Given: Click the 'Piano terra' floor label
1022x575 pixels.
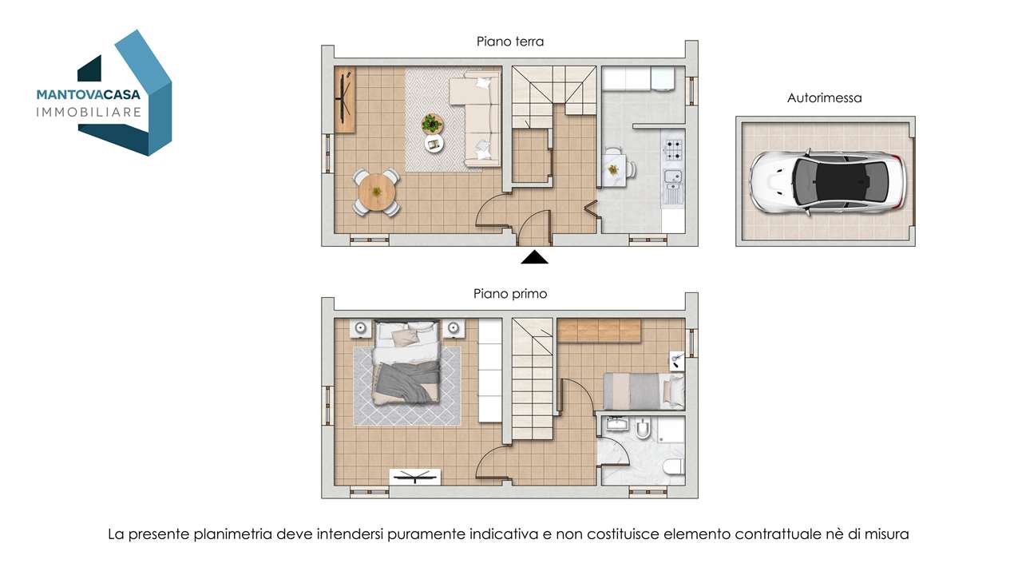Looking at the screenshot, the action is click(510, 42).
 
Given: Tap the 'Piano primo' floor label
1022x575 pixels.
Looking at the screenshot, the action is click(510, 293).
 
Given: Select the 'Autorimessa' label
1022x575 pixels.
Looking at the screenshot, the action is click(825, 97).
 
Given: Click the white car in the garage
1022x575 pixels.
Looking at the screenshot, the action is click(827, 182).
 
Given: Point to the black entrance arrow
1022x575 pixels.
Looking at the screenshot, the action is click(535, 257).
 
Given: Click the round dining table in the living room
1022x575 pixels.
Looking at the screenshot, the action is click(377, 192).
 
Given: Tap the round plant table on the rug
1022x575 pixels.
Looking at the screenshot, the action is click(432, 124).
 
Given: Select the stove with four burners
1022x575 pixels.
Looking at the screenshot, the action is click(673, 149).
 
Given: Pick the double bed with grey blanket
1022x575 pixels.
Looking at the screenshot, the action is click(406, 363).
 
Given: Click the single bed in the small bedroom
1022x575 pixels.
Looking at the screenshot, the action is click(644, 391).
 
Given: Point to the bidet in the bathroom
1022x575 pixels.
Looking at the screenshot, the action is click(643, 428).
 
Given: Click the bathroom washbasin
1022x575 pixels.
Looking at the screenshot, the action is click(618, 424).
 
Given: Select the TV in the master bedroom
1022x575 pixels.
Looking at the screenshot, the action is click(415, 478).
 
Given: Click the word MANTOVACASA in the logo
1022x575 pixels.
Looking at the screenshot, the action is click(89, 94).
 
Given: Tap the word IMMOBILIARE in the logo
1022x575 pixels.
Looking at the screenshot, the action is click(89, 113).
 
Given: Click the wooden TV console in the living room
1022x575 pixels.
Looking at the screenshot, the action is click(345, 100).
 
